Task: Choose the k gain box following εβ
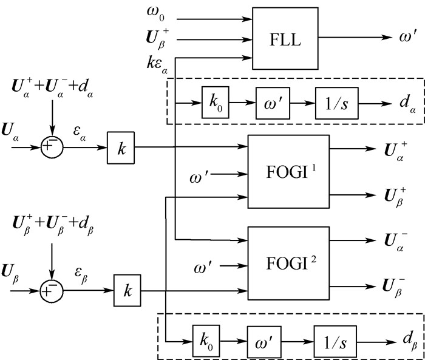[x=127, y=291]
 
